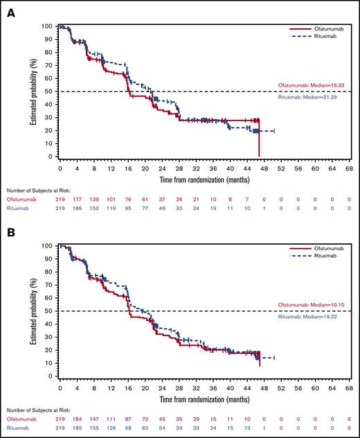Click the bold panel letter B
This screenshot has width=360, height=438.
coord(12,234)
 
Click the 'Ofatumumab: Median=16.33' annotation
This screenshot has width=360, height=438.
coord(312,86)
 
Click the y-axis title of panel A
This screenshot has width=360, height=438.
coord(34,91)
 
